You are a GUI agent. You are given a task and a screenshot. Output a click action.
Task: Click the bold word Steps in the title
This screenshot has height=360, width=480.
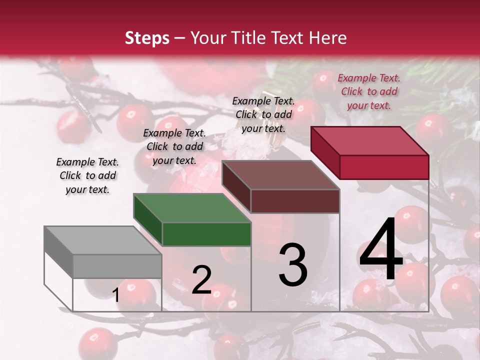point(147,38)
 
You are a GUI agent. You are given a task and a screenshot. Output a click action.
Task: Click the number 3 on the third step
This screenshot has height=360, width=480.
point(293,265)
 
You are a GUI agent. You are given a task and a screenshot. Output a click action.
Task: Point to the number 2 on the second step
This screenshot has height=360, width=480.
point(201,280)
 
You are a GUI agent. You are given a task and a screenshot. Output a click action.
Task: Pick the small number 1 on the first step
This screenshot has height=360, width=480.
point(116,295)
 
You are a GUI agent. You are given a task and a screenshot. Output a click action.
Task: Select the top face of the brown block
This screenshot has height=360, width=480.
point(280,175)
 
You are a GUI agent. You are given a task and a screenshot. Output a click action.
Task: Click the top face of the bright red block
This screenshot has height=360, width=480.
point(370,141)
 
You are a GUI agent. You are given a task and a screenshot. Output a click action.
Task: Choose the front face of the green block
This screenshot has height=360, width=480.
point(206,234)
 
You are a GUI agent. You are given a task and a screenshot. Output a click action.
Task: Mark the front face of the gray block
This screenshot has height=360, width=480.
point(117,266)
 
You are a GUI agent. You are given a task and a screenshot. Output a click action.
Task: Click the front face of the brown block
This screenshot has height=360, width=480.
point(295,201)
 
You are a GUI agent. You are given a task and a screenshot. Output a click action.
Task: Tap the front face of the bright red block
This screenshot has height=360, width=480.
point(384,167)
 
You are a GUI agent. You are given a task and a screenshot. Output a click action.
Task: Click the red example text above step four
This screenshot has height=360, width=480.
point(369,91)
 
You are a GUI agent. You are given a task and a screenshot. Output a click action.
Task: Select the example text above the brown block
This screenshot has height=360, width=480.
point(263,114)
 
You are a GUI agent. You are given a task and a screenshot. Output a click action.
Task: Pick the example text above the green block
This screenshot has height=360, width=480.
point(174,146)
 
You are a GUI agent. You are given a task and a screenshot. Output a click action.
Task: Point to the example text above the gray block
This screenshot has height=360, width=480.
point(87,175)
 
